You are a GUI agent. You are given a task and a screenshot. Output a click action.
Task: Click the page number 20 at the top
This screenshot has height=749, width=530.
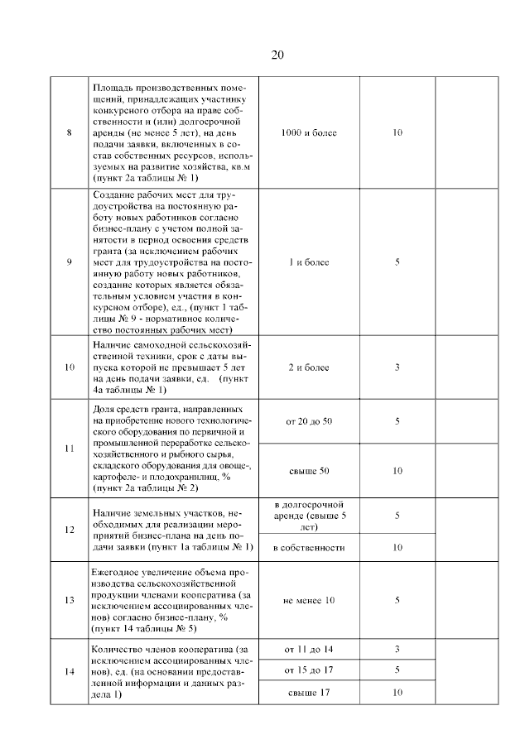pos(277,55)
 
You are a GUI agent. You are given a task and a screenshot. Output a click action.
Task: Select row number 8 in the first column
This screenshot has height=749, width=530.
pos(70,132)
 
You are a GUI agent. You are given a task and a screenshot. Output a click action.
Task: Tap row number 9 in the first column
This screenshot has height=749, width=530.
pos(70,262)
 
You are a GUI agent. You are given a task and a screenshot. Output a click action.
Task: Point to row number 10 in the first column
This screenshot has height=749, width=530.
pos(70,367)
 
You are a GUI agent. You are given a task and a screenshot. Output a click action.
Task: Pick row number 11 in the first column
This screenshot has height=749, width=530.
pos(70,449)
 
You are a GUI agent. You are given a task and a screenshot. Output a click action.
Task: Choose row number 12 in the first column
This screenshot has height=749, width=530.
pos(70,530)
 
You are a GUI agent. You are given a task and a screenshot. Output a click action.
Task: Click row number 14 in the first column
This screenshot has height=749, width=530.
pos(70,671)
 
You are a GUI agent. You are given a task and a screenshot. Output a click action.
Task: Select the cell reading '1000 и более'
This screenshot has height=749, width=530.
pos(309,132)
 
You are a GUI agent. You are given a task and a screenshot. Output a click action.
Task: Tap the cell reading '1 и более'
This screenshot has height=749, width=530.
pos(309,262)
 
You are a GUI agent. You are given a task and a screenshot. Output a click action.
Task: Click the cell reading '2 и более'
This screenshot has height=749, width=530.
pos(309,367)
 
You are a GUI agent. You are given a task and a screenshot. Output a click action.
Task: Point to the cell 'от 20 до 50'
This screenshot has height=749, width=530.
pos(309,421)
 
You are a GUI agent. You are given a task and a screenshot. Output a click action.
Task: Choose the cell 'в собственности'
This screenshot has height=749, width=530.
pos(309,548)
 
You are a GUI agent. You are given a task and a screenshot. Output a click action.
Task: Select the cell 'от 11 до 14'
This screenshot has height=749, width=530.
pos(309,649)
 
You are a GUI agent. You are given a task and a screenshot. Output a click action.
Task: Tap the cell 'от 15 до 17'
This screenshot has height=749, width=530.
pos(309,669)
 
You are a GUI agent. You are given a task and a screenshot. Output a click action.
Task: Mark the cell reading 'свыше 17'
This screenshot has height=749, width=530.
pos(309,692)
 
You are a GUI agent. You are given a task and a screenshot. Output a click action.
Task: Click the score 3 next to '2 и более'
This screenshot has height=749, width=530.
pos(397,367)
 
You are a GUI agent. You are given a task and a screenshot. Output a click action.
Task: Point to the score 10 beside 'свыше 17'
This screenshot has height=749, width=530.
pos(397,692)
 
